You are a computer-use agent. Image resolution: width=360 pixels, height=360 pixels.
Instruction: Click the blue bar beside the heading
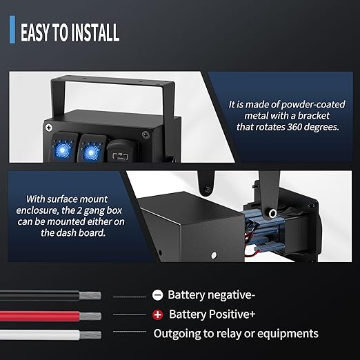(12, 30)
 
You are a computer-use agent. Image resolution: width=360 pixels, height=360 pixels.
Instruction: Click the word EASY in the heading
(35, 32)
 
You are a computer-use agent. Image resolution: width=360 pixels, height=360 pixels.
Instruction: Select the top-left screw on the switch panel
(48, 128)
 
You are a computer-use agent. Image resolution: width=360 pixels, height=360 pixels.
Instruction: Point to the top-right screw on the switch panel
(146, 134)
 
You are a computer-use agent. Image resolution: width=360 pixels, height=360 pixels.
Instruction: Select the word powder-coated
(313, 105)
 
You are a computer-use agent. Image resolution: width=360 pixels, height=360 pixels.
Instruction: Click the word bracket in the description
(314, 116)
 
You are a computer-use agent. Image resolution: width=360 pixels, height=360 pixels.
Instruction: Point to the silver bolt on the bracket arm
(272, 213)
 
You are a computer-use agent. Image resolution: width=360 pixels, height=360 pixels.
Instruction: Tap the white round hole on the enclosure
(214, 255)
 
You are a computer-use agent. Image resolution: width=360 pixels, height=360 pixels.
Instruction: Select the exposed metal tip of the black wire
(90, 295)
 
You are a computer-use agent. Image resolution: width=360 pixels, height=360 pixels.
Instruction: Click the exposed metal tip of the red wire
(90, 317)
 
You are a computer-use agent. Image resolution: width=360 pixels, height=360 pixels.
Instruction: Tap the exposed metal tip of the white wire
(90, 335)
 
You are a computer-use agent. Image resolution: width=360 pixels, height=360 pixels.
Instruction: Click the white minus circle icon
(157, 295)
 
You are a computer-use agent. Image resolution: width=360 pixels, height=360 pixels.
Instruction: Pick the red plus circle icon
(157, 314)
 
